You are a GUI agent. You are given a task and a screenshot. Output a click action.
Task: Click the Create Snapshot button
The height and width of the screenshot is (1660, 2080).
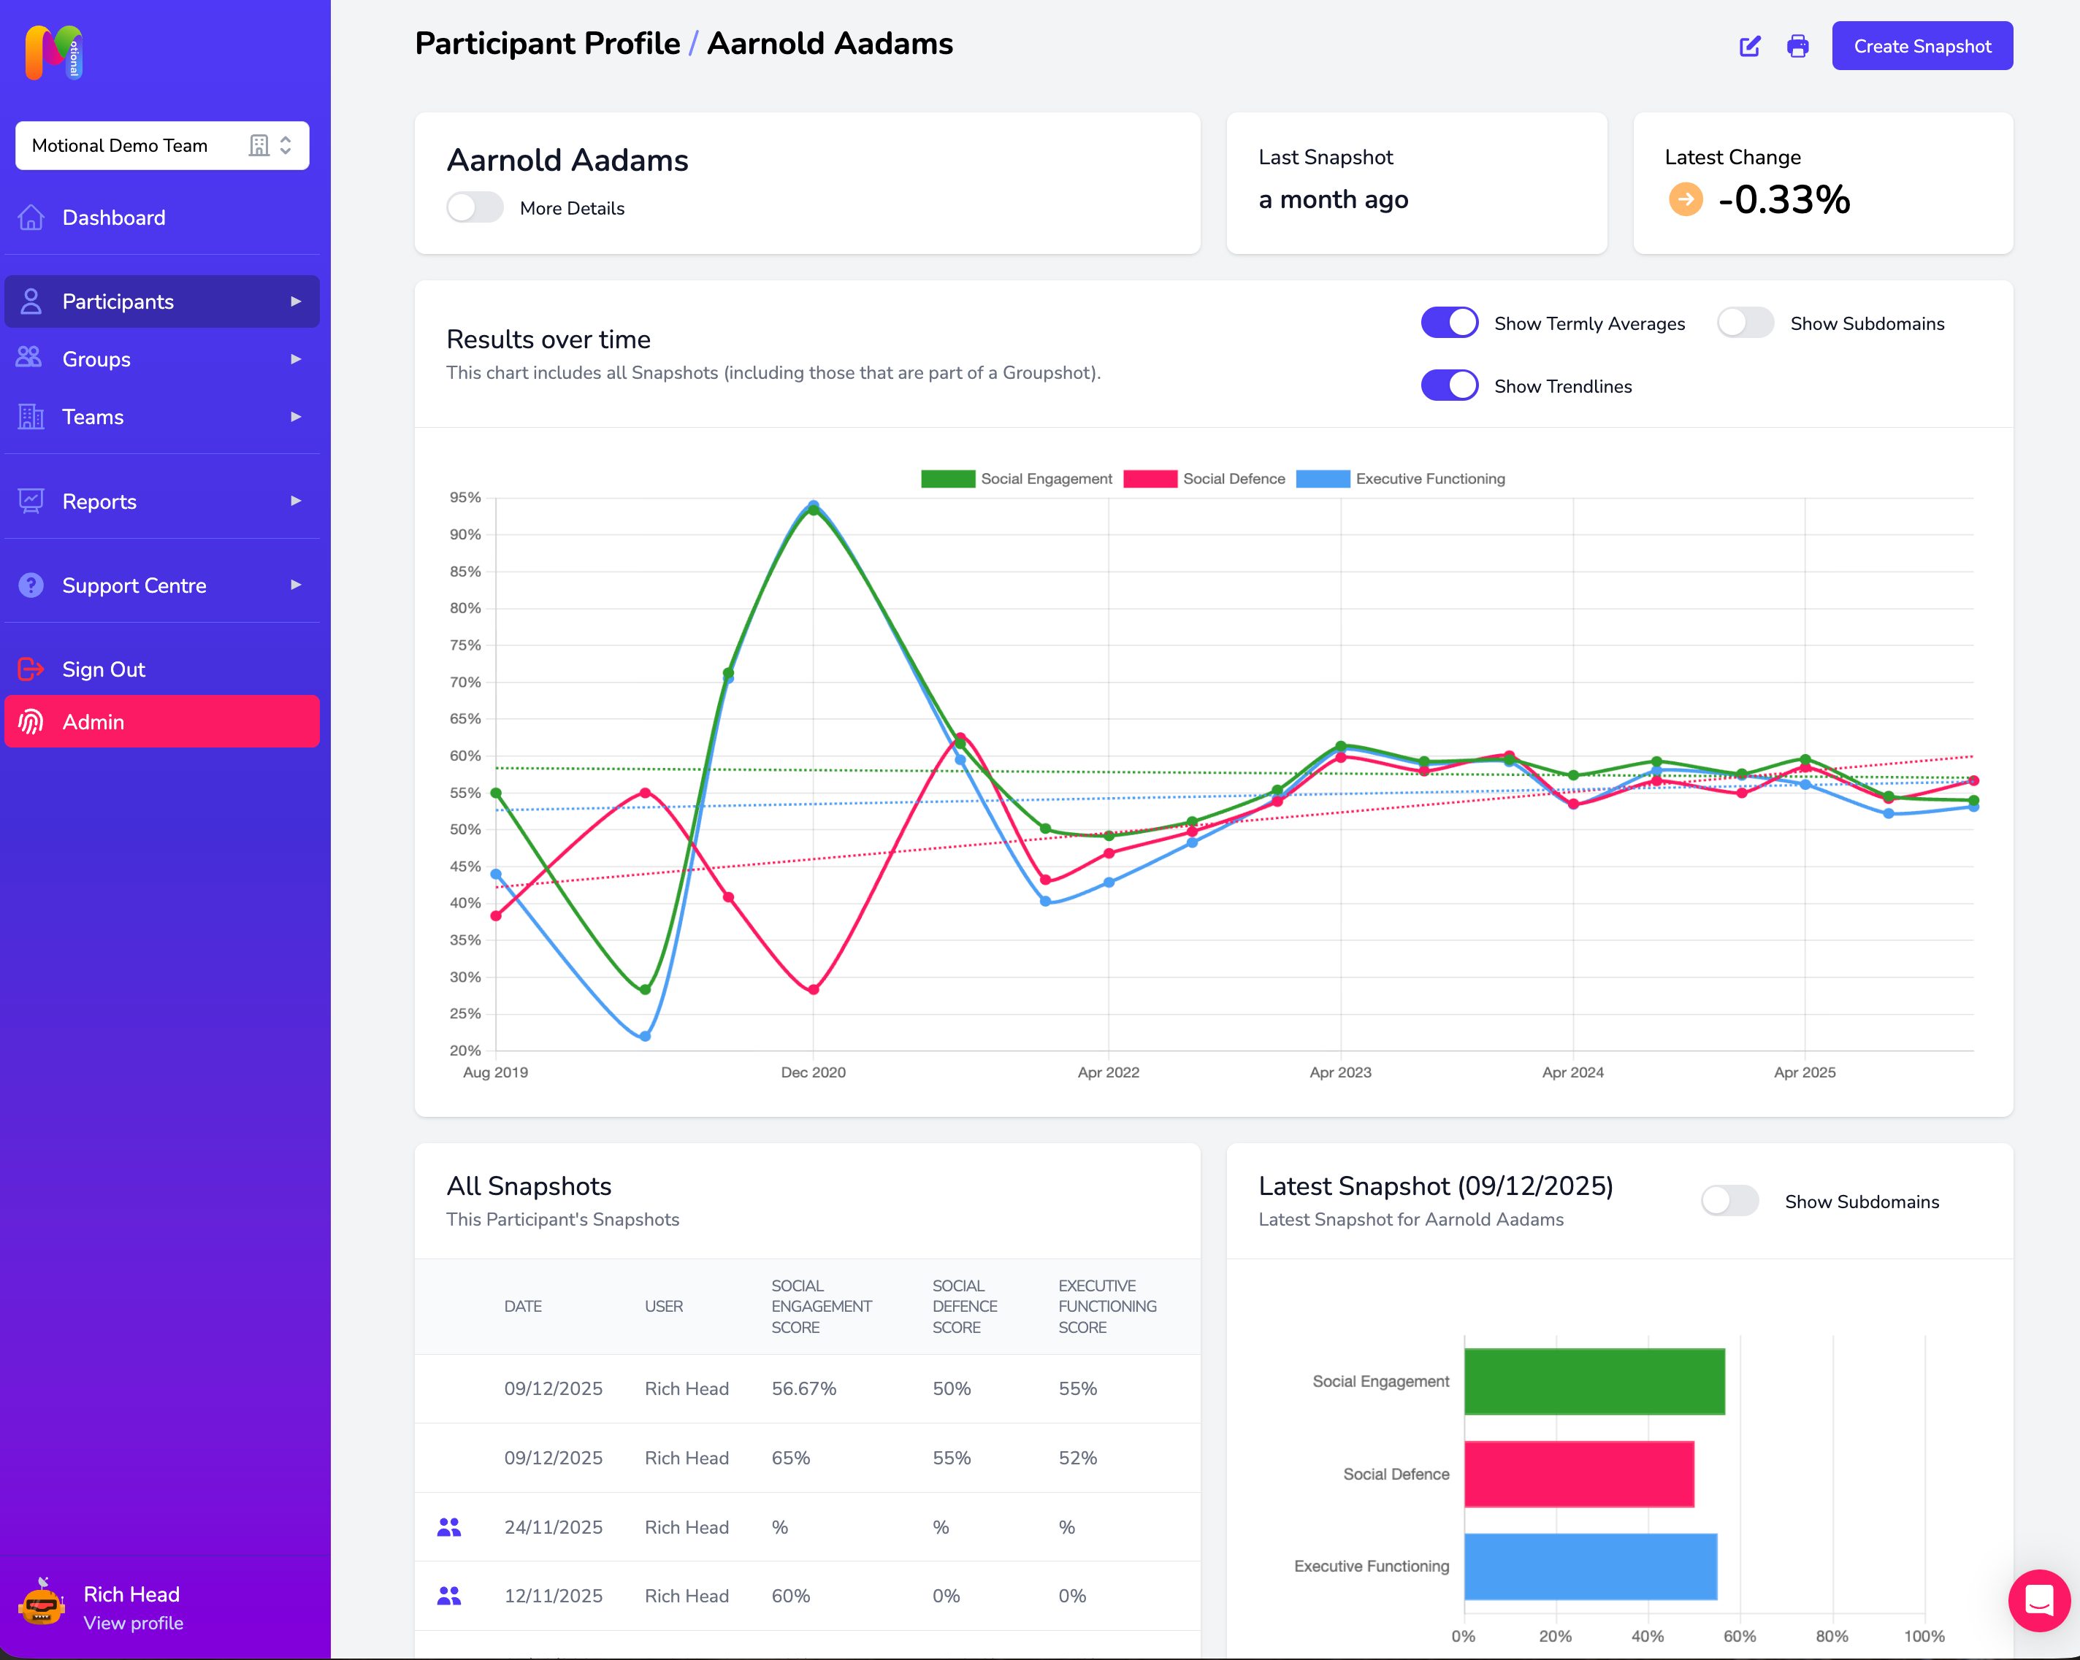pos(1921,46)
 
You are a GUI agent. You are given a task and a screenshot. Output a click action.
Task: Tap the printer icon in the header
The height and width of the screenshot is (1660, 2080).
pos(1797,46)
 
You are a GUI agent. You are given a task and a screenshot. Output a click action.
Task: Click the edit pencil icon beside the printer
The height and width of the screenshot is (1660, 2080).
pos(1749,46)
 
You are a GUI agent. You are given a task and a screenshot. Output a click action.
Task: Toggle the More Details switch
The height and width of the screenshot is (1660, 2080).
pos(475,207)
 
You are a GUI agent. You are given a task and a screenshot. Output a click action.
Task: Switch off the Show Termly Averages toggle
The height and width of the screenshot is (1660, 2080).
pos(1449,323)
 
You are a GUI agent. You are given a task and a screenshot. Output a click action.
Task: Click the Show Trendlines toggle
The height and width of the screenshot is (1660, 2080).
pos(1449,386)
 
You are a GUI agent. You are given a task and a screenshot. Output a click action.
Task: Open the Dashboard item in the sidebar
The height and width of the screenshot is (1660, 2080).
pos(113,218)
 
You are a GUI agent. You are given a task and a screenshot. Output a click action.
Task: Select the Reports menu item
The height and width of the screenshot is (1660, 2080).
pos(99,502)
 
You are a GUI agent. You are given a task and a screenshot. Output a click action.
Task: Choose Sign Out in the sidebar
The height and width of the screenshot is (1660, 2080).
pos(103,669)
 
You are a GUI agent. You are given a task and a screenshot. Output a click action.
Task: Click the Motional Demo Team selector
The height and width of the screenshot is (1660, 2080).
pos(161,146)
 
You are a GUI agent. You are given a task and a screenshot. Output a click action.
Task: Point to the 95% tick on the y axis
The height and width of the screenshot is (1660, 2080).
pos(465,498)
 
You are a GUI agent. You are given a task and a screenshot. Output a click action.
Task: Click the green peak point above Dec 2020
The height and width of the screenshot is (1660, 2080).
pos(814,510)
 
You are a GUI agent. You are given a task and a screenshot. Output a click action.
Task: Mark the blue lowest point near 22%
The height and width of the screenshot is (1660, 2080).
pos(646,1036)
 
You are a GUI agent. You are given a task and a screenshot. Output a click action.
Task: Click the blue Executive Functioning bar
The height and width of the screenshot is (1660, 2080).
pos(1589,1566)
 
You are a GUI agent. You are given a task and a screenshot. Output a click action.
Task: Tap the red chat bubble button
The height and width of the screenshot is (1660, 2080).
pos(2038,1600)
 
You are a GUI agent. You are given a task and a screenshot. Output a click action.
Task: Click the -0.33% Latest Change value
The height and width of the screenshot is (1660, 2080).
pos(1783,200)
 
